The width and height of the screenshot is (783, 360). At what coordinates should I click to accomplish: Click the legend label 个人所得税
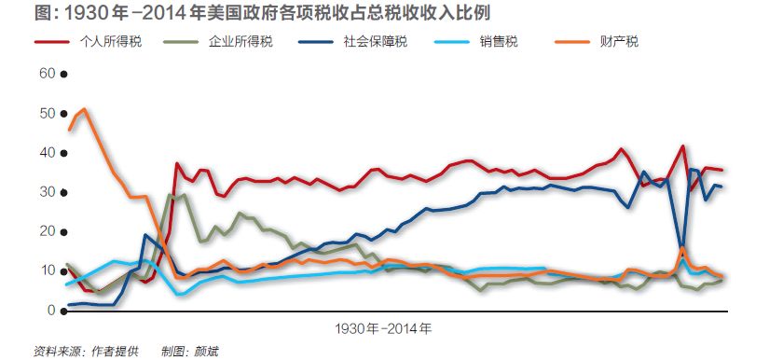(112, 42)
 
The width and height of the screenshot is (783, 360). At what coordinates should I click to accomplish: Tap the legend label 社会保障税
(375, 42)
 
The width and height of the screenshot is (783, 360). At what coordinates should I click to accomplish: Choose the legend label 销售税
(500, 42)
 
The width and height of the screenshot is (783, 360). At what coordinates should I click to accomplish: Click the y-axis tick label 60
(47, 73)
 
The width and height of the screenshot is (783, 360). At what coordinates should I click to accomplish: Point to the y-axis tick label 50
(47, 113)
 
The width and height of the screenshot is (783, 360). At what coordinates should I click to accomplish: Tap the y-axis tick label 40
(47, 152)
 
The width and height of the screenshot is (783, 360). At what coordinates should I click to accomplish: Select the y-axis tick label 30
(47, 192)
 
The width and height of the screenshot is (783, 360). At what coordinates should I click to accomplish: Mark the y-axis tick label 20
(47, 231)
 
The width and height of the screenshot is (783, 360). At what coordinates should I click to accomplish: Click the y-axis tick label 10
(47, 270)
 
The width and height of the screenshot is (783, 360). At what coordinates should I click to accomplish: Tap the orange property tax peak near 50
(83, 109)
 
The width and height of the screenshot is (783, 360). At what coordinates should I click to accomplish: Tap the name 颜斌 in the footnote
(205, 352)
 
